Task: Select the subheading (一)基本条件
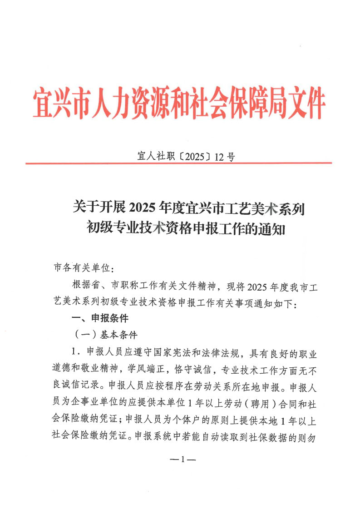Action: (x=105, y=335)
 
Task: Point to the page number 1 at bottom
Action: (x=182, y=460)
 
